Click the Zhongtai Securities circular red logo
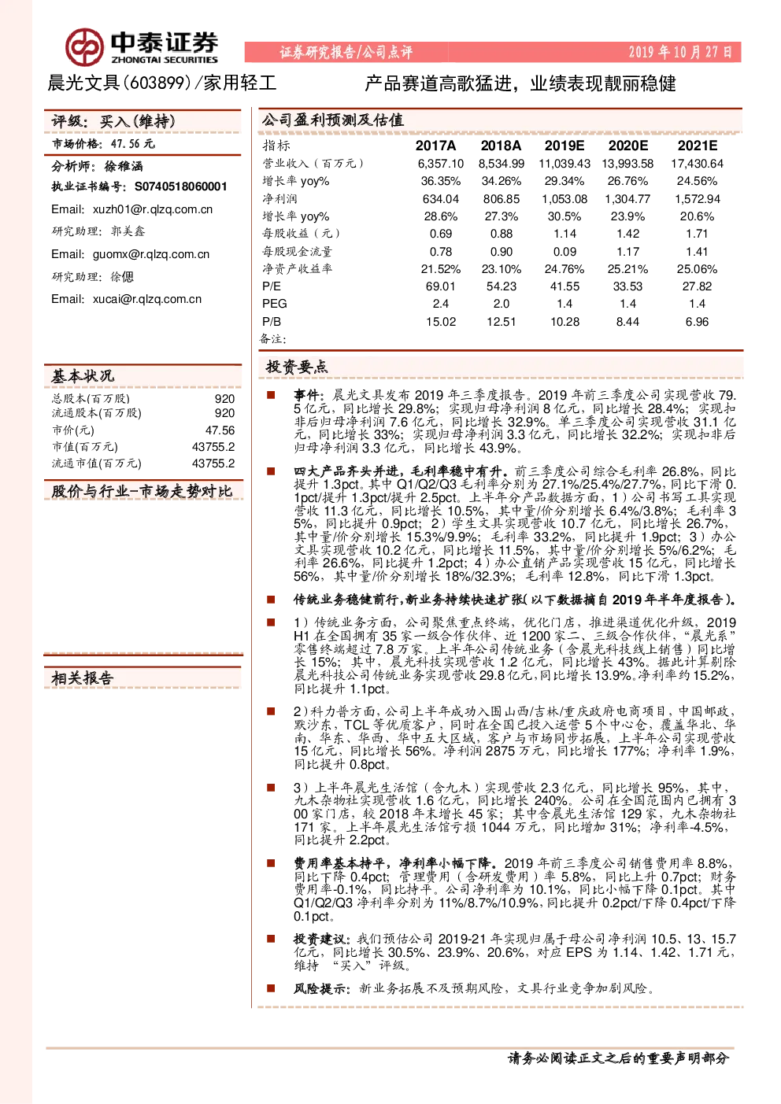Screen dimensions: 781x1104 [x=84, y=47]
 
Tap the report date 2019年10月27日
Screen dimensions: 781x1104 [x=680, y=52]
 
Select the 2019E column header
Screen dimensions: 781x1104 [x=564, y=146]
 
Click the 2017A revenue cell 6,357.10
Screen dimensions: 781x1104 [x=440, y=164]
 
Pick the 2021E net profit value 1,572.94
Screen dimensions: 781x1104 [x=698, y=199]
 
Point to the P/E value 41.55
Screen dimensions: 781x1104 [x=564, y=286]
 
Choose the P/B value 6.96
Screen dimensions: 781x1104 [x=698, y=322]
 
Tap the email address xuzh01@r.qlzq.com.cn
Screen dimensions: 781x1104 [x=153, y=209]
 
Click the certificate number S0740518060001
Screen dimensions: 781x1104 [x=181, y=186]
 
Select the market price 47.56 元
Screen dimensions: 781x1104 [x=132, y=144]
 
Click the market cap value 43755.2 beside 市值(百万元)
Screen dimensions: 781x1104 [x=213, y=446]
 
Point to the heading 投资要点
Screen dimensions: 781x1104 [x=297, y=367]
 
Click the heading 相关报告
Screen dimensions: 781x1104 [x=83, y=678]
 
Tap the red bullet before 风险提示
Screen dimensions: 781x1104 [x=271, y=988]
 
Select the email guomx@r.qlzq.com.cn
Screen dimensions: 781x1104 [x=151, y=254]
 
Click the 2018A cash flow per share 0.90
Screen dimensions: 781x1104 [x=502, y=252]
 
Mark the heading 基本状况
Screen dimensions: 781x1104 [x=83, y=376]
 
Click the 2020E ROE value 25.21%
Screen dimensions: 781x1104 [x=627, y=269]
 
